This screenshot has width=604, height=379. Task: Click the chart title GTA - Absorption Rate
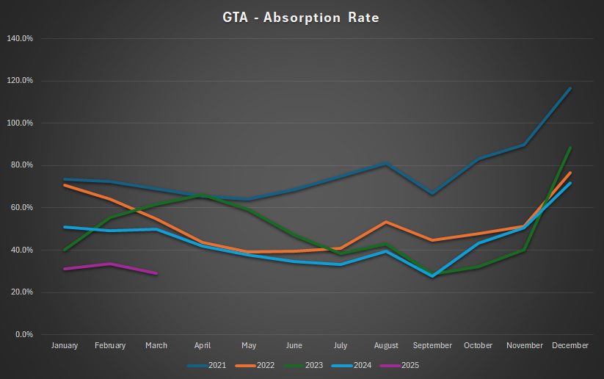click(x=301, y=17)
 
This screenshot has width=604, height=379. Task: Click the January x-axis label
click(x=65, y=346)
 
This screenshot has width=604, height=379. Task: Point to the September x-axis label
click(x=432, y=346)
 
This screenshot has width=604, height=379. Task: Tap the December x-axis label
click(x=570, y=346)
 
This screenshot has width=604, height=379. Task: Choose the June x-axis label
click(x=294, y=346)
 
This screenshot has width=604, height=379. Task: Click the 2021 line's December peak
click(x=570, y=88)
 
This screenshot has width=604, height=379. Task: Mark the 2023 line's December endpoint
click(x=570, y=148)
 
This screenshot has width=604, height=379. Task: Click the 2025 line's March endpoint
click(x=156, y=273)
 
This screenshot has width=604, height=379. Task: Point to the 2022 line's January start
click(x=65, y=185)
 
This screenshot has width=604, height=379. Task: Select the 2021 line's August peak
click(x=387, y=163)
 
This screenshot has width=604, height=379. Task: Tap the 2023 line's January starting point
click(x=65, y=250)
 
